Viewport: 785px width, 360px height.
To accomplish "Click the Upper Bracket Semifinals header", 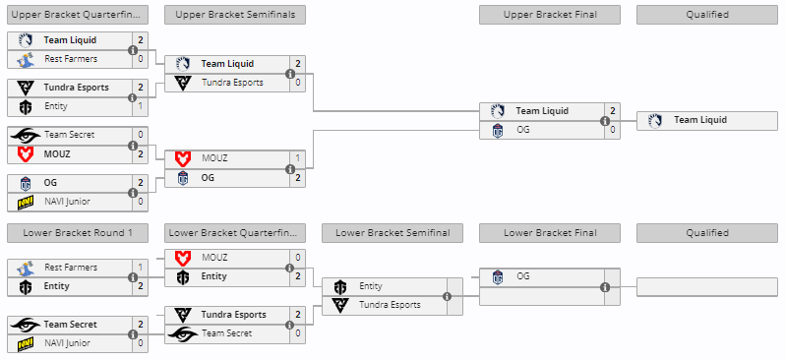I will [235, 15].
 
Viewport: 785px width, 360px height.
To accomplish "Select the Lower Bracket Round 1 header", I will [78, 233].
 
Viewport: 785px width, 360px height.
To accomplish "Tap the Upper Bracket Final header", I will [549, 15].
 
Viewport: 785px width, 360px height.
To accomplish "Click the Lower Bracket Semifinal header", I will [392, 233].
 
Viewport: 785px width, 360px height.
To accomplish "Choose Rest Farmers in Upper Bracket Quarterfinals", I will [71, 59].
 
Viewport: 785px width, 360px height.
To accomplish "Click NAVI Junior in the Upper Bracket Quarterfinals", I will [66, 202].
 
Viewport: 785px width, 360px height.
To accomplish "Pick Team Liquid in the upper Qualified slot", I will [700, 120].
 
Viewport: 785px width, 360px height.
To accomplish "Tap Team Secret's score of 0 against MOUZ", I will [140, 135].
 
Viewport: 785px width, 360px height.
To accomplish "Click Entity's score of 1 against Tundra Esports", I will [140, 106].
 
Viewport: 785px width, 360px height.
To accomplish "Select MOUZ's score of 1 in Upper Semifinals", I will [297, 158].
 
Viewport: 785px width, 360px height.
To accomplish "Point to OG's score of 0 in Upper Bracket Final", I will [612, 130].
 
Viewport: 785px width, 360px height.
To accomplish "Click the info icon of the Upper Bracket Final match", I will [604, 121].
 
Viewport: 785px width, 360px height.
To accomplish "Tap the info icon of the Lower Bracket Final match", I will [604, 287].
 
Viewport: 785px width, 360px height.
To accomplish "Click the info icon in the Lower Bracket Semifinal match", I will [447, 296].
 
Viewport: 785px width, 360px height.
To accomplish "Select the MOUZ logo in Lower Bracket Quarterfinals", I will [182, 258].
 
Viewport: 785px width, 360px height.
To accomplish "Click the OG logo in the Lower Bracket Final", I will [498, 277].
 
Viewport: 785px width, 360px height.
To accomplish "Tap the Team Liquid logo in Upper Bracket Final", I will [498, 111].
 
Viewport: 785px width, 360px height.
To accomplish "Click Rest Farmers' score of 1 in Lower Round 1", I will [140, 268].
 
